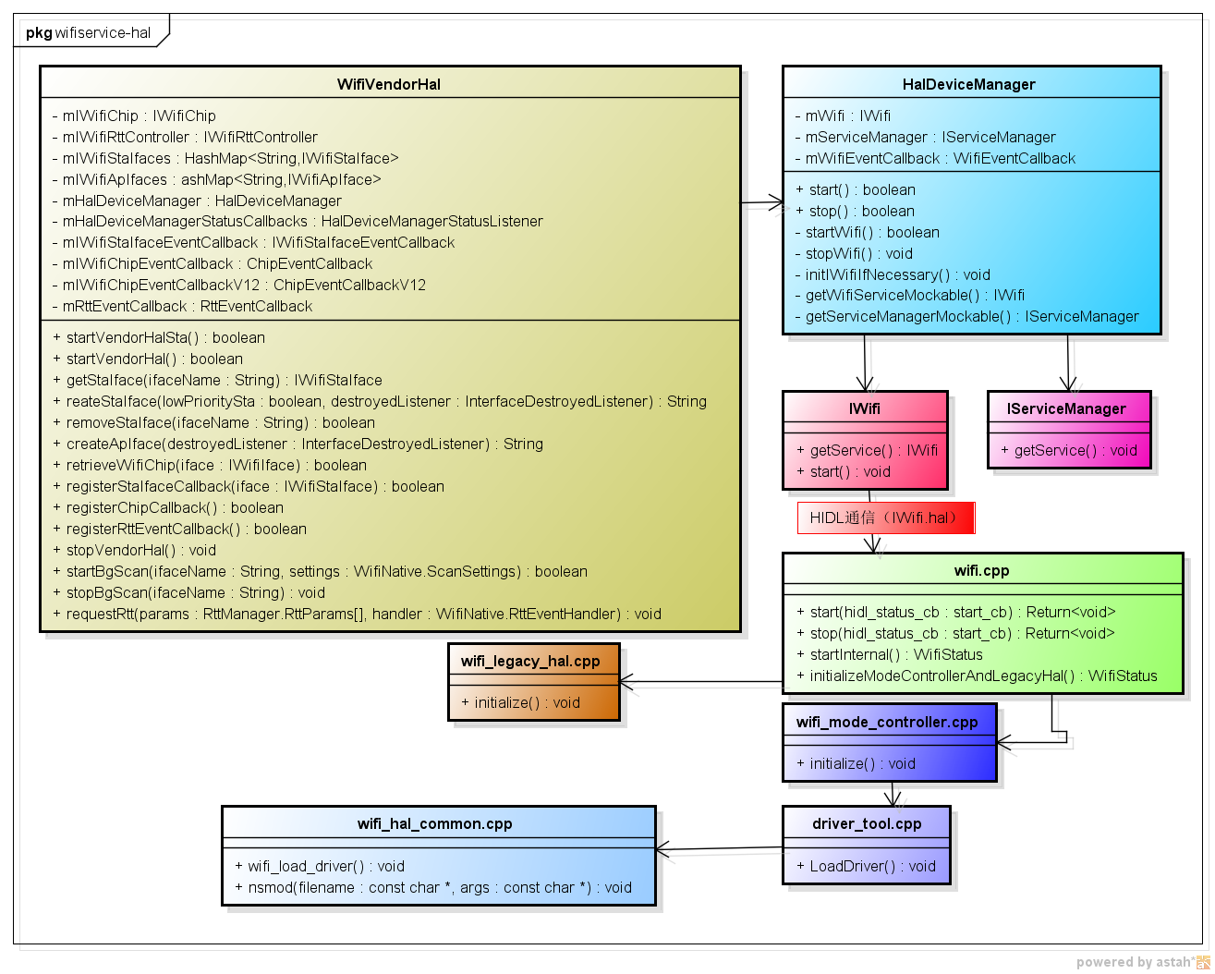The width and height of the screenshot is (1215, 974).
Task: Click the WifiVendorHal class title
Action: (389, 84)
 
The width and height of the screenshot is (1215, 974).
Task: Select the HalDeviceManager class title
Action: (968, 84)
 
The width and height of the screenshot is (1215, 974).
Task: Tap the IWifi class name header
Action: (864, 408)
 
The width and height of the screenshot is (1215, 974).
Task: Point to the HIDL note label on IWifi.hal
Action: (885, 517)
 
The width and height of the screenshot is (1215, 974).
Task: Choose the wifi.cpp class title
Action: (981, 570)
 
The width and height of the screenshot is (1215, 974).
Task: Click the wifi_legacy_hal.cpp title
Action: (530, 661)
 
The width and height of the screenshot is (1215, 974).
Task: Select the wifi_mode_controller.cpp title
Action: (887, 722)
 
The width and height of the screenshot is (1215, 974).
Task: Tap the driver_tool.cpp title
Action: (867, 823)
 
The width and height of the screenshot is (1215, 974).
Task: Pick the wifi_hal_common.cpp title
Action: (434, 823)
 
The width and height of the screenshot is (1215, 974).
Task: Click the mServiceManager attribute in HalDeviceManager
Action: (924, 137)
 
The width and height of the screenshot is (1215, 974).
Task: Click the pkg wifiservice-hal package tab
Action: (88, 32)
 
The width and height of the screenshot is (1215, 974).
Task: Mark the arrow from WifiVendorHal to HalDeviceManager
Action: (762, 202)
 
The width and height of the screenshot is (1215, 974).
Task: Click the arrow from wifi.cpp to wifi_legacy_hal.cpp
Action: (702, 683)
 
